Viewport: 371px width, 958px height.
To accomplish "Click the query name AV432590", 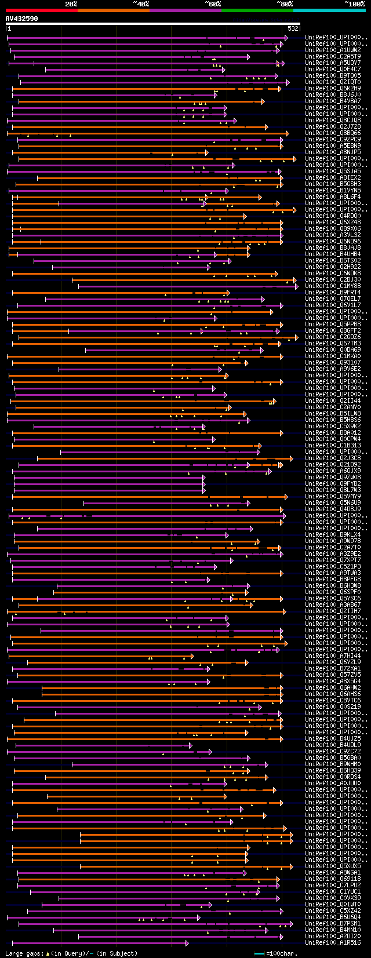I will [21, 19].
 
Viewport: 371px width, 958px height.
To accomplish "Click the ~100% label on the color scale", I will [354, 4].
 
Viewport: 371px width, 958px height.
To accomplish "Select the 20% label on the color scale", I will [71, 4].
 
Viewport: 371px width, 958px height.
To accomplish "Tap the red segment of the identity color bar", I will [41, 10].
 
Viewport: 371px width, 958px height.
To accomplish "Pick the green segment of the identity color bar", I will [257, 10].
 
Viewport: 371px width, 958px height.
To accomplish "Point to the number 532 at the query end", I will [293, 28].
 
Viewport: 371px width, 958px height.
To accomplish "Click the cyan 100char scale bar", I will [259, 953].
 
